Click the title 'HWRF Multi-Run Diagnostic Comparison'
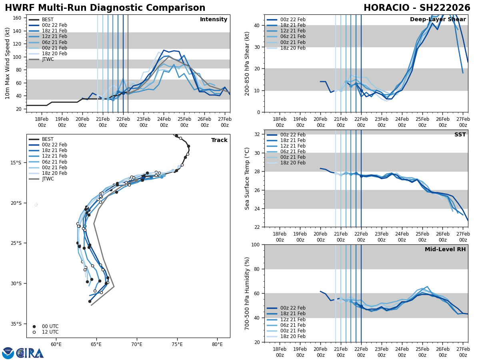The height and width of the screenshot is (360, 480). pos(105,8)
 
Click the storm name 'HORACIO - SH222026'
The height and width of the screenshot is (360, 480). pos(417,8)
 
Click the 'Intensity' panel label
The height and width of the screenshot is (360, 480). pos(214,20)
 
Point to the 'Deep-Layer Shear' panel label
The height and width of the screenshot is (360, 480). pos(438,20)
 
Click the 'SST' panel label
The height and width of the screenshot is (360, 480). pos(460,135)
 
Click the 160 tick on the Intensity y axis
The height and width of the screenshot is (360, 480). pos(18,18)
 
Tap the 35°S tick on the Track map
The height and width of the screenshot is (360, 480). pos(16,324)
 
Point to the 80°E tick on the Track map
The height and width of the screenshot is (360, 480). pos(217,344)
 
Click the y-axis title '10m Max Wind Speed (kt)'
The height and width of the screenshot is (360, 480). pos(8,63)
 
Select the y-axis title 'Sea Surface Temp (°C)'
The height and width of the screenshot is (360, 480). pos(247,178)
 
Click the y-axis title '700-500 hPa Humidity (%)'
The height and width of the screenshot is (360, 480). pos(247,293)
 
